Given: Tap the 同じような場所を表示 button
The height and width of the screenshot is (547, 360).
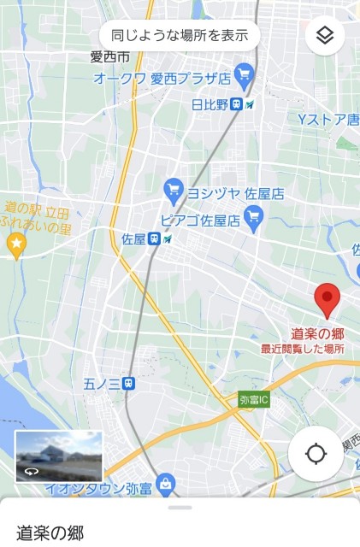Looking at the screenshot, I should pyautogui.click(x=180, y=35).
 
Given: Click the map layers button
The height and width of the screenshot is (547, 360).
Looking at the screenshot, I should pyautogui.click(x=324, y=35).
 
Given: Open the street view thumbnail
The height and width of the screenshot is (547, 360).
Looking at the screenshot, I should pyautogui.click(x=59, y=456).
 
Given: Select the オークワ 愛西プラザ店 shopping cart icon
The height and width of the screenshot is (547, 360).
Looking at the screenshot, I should pyautogui.click(x=245, y=74).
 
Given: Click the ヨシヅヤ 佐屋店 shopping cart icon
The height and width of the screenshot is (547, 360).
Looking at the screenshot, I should pyautogui.click(x=174, y=188).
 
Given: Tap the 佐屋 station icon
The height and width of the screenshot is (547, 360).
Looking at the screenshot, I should pyautogui.click(x=154, y=238).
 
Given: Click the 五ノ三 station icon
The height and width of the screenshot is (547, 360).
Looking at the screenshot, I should pyautogui.click(x=128, y=383).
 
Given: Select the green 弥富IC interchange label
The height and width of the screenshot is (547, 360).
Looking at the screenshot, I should pyautogui.click(x=254, y=399).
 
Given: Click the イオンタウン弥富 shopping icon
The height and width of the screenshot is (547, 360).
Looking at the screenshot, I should pyautogui.click(x=166, y=484).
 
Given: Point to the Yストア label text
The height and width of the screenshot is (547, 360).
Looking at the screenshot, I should pyautogui.click(x=328, y=119).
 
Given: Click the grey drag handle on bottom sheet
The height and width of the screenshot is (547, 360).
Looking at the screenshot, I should pyautogui.click(x=180, y=508).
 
